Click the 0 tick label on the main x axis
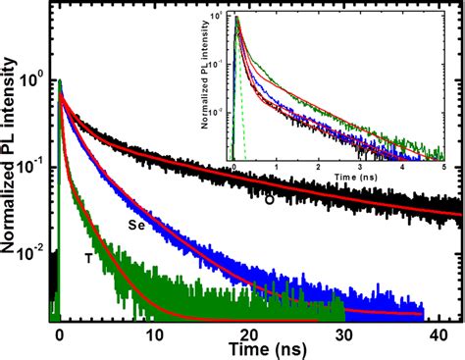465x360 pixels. pyautogui.click(x=60, y=334)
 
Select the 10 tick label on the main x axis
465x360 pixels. pyautogui.click(x=154, y=334)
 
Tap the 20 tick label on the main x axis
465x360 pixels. pyautogui.click(x=248, y=334)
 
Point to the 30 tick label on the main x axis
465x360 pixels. pyautogui.click(x=342, y=334)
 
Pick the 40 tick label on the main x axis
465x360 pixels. pyautogui.click(x=436, y=334)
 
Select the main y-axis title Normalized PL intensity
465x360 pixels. pyautogui.click(x=11, y=167)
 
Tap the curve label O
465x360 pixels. pyautogui.click(x=269, y=200)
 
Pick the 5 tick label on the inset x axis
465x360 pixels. pyautogui.click(x=446, y=170)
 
